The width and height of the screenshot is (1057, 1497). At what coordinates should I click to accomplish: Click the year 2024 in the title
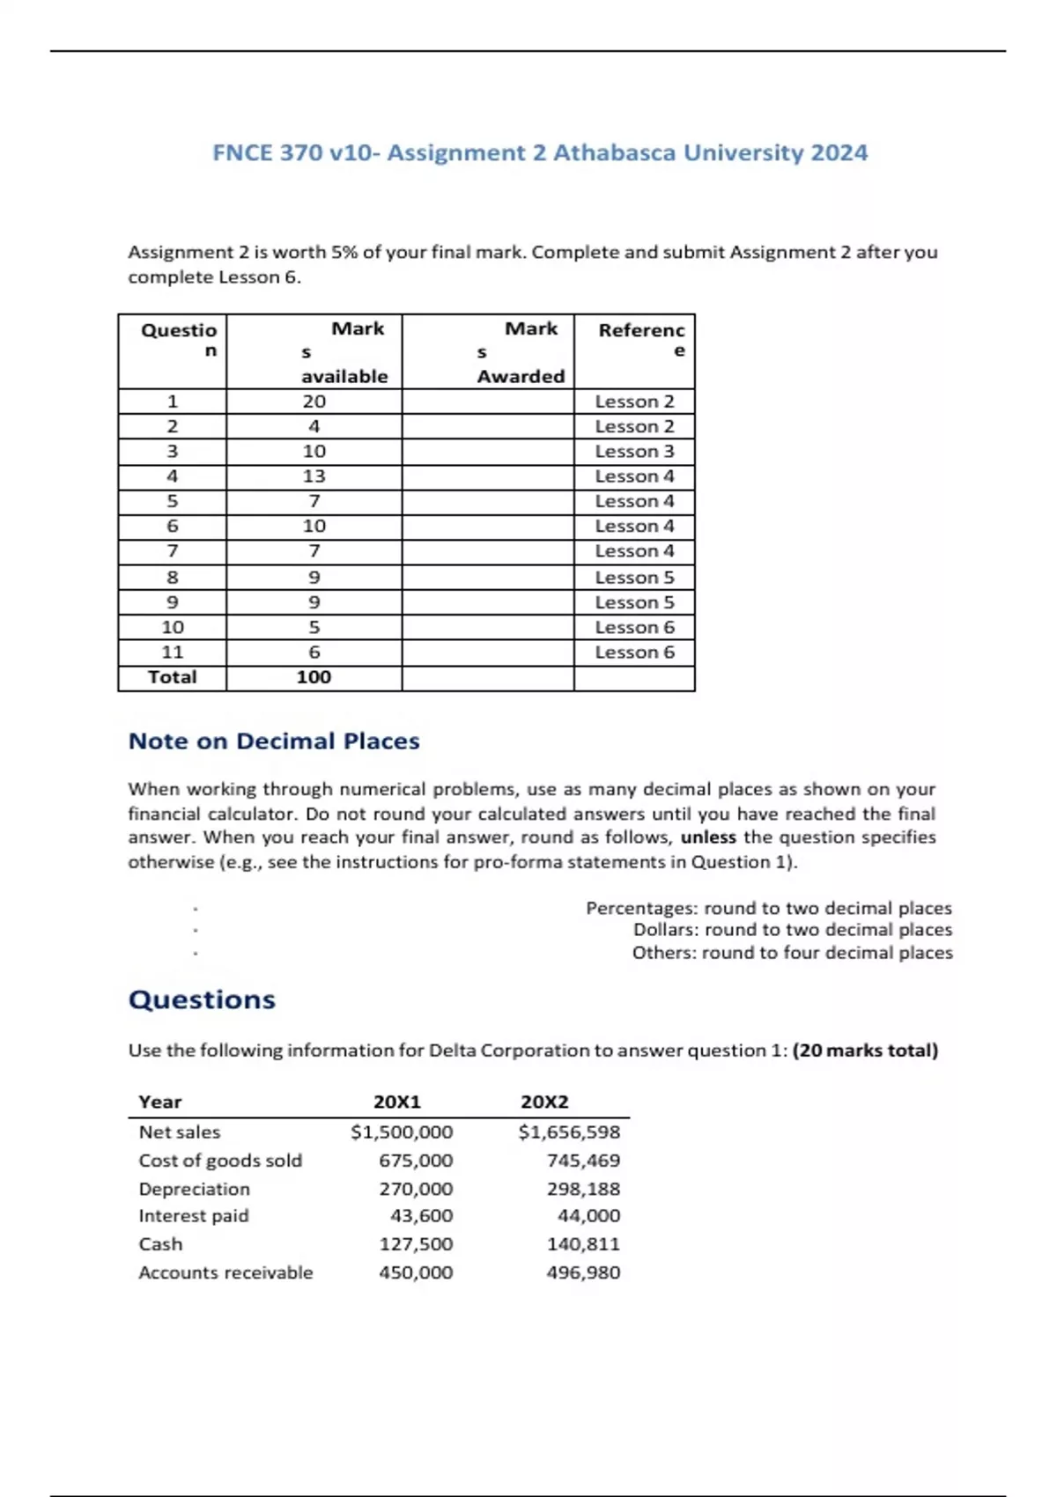point(839,153)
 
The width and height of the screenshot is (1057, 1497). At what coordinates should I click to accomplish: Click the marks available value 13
point(314,476)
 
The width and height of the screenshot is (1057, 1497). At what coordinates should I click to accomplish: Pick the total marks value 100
point(314,677)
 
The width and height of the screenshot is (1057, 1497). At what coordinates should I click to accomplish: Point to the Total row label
point(172,677)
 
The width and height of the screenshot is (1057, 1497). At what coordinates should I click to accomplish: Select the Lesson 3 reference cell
point(634,452)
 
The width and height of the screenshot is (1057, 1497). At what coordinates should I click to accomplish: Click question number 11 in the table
point(172,653)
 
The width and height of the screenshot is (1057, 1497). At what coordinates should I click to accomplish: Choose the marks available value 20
point(314,402)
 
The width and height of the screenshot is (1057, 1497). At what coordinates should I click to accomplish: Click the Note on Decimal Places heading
point(274,741)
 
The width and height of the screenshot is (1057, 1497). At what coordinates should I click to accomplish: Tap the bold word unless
point(708,837)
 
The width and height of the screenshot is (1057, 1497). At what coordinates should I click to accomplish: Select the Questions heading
point(202,1000)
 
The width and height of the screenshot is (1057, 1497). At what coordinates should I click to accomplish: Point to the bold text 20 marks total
point(865,1051)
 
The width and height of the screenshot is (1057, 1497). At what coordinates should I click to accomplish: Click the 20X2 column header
point(544,1102)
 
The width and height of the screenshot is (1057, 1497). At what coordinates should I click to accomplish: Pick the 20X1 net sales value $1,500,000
point(402,1132)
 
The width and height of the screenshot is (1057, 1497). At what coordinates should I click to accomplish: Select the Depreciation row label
point(194,1190)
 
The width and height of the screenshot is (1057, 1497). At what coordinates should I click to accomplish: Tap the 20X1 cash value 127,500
point(416,1244)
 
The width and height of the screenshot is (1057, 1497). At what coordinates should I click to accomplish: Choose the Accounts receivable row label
point(225,1272)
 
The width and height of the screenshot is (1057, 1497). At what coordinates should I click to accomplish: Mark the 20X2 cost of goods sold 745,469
point(583,1161)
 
